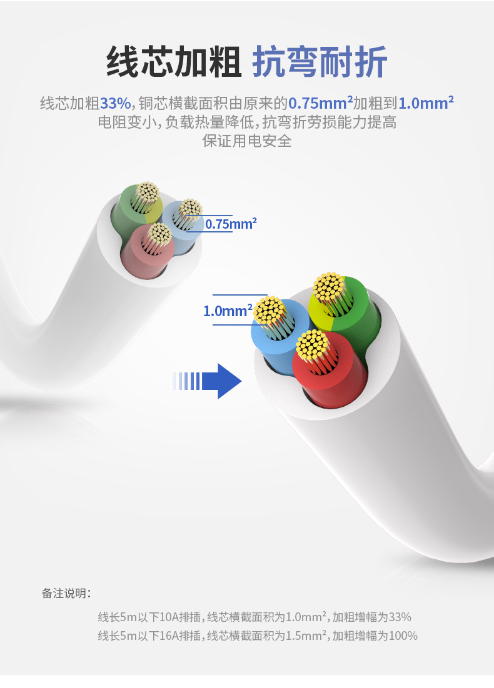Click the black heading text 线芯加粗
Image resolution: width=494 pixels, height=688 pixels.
pos(173,61)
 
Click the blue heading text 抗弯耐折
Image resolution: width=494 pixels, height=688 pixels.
pos(320,61)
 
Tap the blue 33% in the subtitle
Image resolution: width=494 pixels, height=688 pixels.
pos(116,104)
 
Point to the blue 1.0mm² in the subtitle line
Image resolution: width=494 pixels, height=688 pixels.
pos(426,103)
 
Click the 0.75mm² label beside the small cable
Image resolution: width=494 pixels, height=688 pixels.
pos(231,224)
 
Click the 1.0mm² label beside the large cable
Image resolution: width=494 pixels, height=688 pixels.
pos(228,311)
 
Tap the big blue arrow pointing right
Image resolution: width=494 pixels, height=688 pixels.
pos(207,381)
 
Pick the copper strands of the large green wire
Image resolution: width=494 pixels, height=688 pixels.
pos(329,287)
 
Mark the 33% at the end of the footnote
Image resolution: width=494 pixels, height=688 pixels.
pos(400,617)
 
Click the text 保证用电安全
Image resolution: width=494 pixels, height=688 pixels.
pos(247,141)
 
